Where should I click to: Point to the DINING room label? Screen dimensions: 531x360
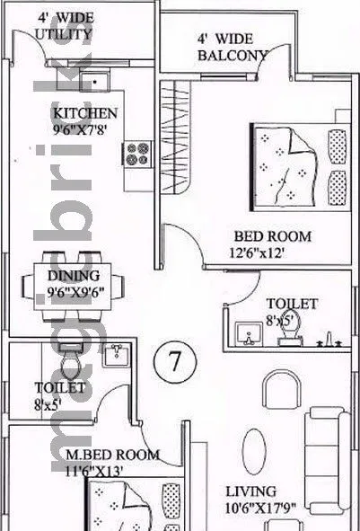(x=74, y=276)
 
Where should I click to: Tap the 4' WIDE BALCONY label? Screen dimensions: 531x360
(x=232, y=48)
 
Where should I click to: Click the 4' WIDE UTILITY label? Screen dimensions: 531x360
(x=64, y=27)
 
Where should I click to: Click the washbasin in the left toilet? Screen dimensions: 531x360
(x=114, y=356)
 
